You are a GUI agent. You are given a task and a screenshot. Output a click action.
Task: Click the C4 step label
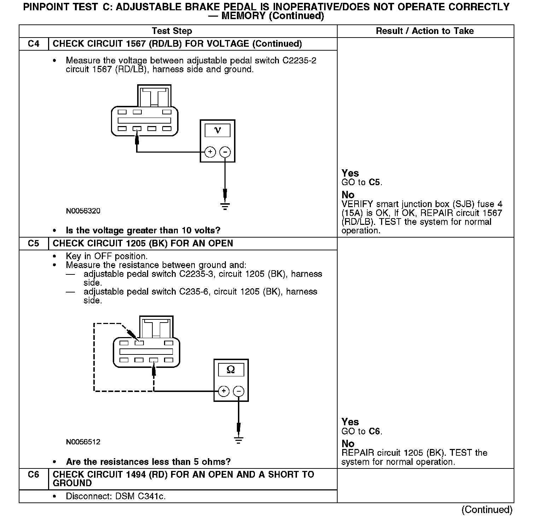point(34,44)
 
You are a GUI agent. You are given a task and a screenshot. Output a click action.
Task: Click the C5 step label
point(34,244)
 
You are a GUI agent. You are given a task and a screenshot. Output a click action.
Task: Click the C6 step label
point(34,474)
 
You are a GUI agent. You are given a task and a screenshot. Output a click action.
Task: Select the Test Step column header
point(172,31)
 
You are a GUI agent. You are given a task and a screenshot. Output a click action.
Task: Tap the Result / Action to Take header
point(425,31)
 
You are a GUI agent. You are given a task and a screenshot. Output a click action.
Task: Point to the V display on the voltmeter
point(217,130)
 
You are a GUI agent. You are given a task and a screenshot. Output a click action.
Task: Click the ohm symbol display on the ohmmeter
point(231,370)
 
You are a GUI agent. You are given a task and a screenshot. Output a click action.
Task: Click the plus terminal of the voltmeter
point(210,152)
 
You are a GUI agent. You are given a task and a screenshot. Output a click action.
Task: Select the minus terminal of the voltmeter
point(225,152)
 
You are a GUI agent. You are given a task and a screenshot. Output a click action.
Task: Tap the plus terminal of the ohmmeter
point(223,391)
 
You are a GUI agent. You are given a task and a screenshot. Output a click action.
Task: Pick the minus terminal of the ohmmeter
point(239,391)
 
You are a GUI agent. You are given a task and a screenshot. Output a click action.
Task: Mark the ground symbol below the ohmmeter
point(239,440)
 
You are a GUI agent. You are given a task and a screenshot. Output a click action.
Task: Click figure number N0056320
point(83,211)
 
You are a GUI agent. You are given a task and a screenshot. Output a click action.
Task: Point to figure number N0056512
point(83,442)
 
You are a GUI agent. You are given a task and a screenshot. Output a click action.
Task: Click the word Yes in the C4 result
point(350,173)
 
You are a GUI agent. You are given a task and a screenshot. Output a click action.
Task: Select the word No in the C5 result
point(348,444)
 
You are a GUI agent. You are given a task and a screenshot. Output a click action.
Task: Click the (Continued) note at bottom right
point(487,510)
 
